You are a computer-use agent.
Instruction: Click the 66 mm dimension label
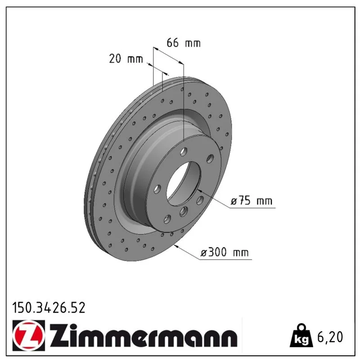[184, 43]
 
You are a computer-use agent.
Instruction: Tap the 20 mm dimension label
[126, 59]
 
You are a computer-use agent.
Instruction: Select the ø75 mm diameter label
[252, 201]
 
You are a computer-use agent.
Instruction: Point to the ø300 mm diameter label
[225, 252]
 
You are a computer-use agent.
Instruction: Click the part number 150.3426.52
[49, 308]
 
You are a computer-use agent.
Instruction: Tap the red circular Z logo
[29, 335]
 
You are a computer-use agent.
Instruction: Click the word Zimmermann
[144, 336]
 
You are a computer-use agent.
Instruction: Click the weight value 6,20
[330, 337]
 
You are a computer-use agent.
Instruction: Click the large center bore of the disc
[183, 183]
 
